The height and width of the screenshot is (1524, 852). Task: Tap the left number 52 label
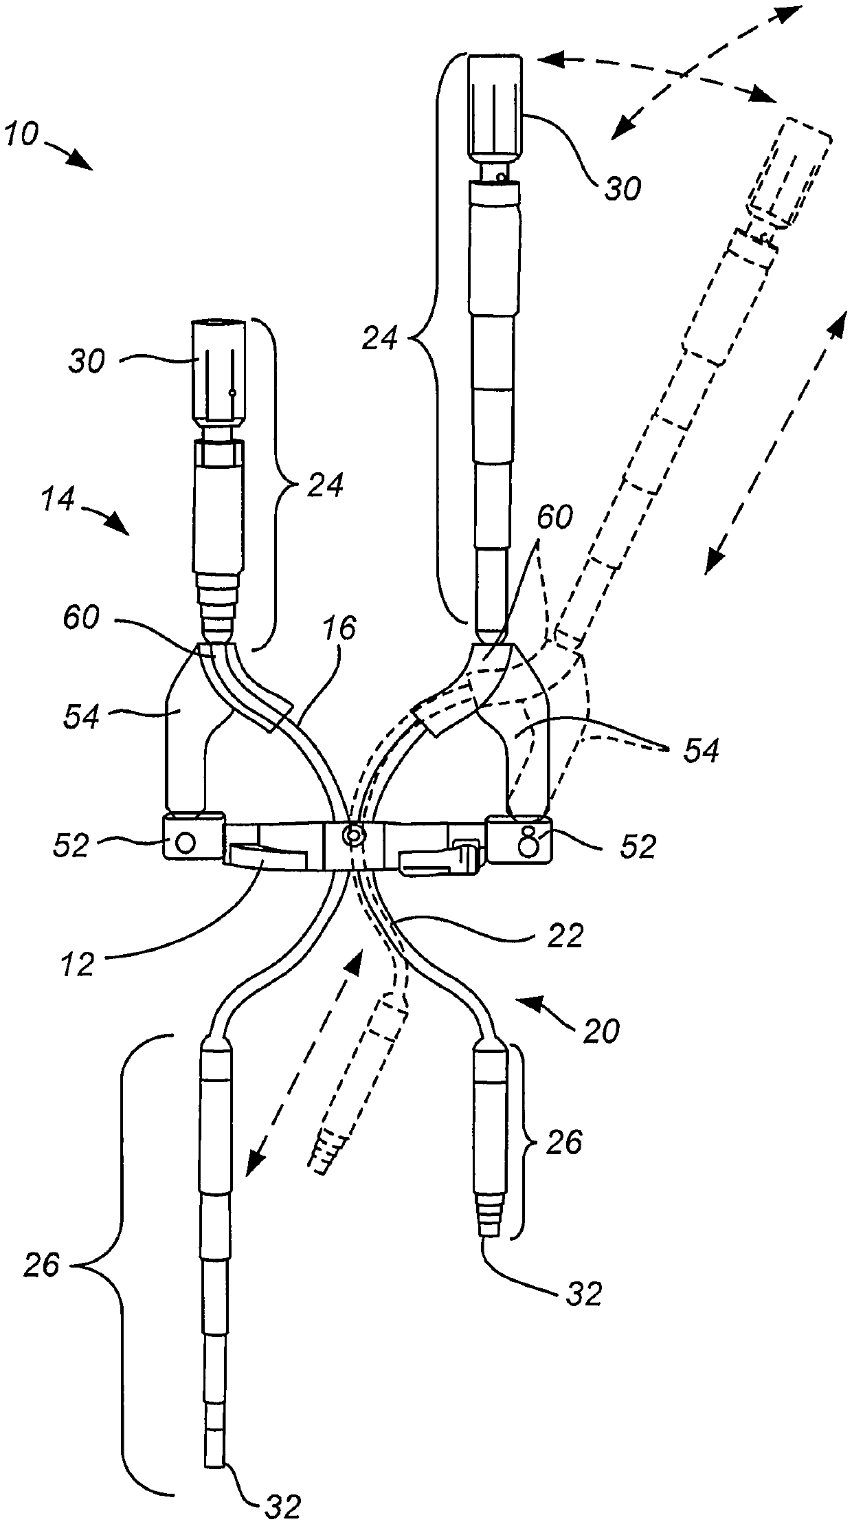click(71, 845)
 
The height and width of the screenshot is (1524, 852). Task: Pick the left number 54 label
click(82, 716)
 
